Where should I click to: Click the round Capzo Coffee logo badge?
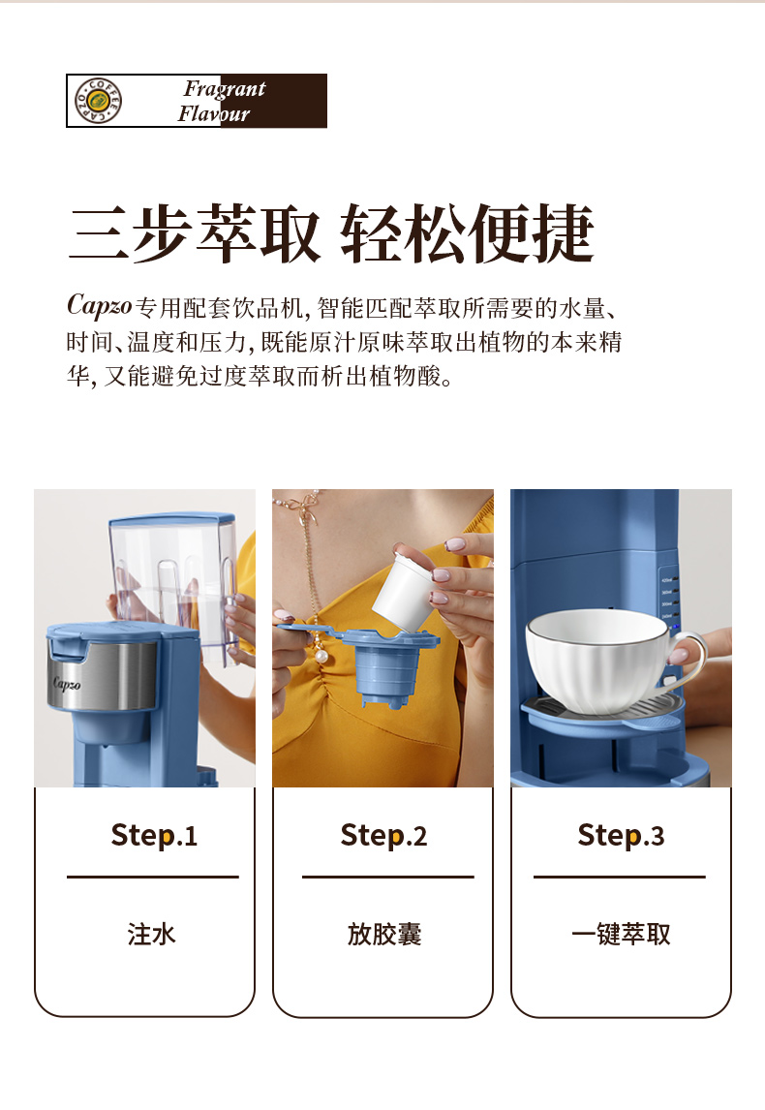point(99,100)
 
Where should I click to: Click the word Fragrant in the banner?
point(225,88)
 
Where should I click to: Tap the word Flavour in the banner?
point(214,113)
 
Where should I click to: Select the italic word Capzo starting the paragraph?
point(99,305)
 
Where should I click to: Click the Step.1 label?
point(154,835)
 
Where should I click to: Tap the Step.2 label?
point(383,835)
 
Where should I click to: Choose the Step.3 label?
point(621,835)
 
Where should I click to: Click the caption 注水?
point(151,935)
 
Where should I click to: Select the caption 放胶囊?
point(384,935)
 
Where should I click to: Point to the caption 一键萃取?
point(621,935)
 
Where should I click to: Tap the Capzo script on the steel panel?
point(67,683)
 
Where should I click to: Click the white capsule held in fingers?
point(401,592)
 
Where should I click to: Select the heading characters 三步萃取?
point(194,233)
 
